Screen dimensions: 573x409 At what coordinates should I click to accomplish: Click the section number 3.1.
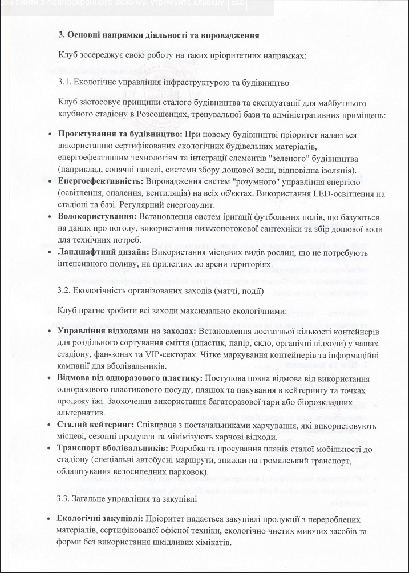[64, 82]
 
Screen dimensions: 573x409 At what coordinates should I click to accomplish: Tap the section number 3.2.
[64, 290]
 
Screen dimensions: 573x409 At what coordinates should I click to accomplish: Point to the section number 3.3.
[64, 499]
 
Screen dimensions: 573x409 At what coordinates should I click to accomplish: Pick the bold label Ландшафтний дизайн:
[103, 252]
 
